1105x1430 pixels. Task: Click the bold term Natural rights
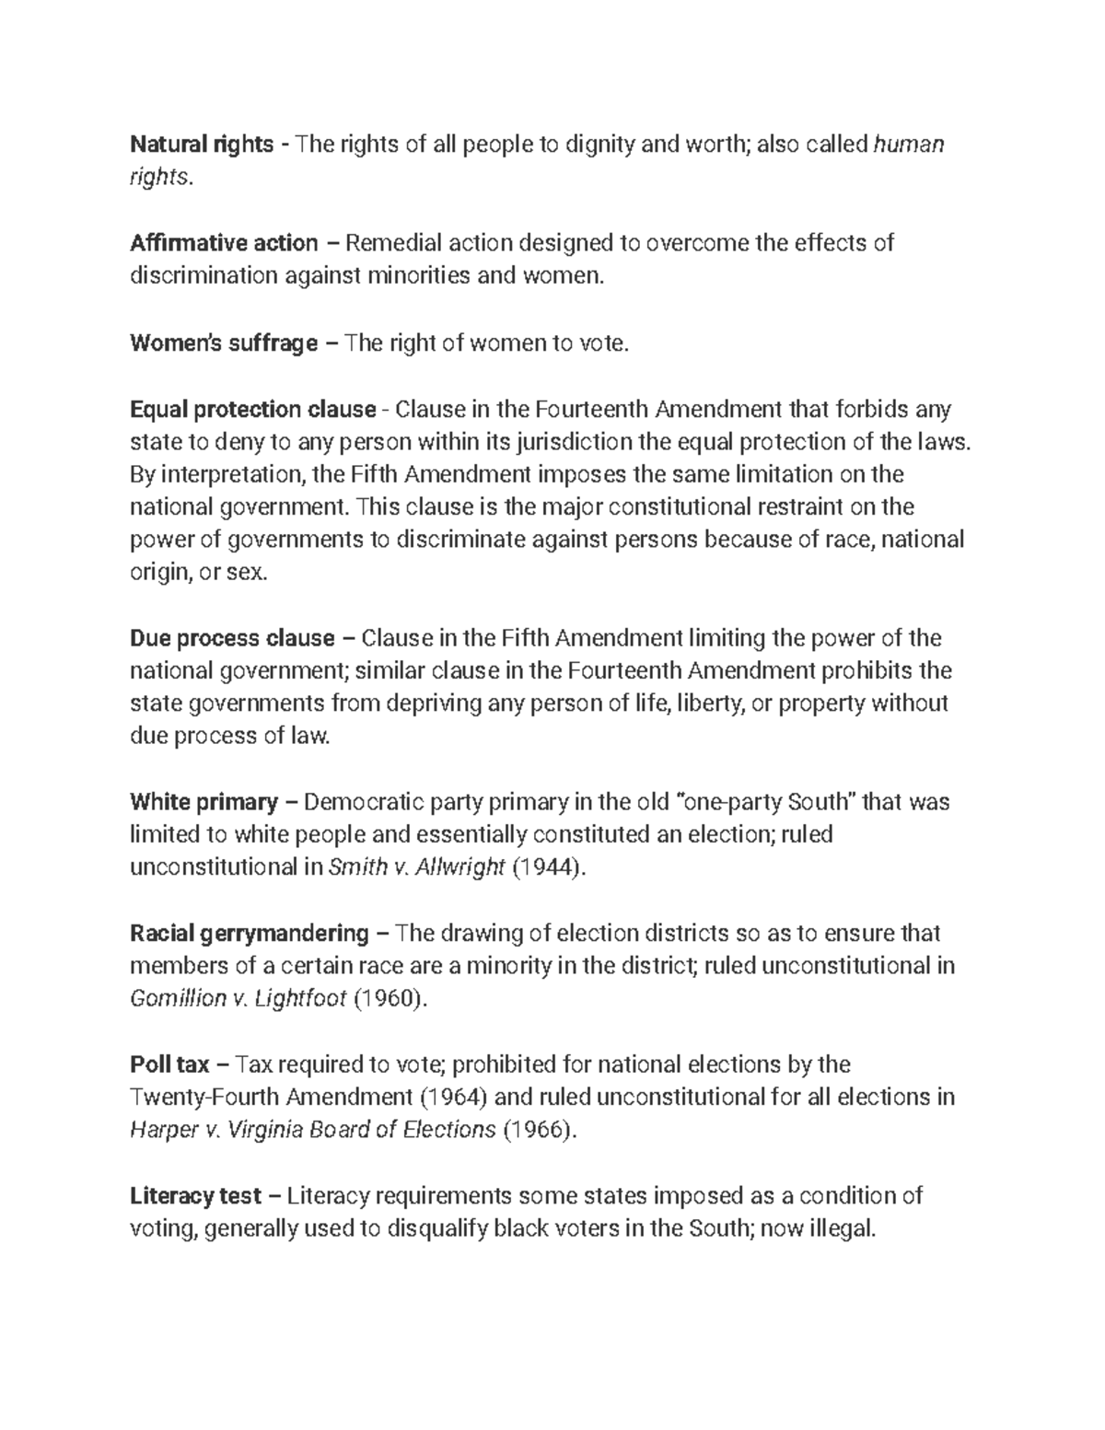[x=202, y=145]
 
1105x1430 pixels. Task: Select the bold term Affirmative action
[x=224, y=243]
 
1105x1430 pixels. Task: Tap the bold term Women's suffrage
[x=224, y=343]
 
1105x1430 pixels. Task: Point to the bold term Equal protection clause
[x=253, y=409]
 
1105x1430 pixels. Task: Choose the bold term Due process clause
[x=232, y=638]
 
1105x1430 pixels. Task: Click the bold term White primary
[x=204, y=802]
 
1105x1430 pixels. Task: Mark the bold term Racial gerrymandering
[x=250, y=934]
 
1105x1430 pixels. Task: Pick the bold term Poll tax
[x=170, y=1065]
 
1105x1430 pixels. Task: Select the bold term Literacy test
[x=196, y=1196]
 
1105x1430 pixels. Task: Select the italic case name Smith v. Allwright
[x=416, y=867]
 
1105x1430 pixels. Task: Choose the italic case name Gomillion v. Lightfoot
[x=238, y=999]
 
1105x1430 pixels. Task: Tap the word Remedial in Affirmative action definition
[x=392, y=243]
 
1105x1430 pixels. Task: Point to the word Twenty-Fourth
[x=204, y=1098]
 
